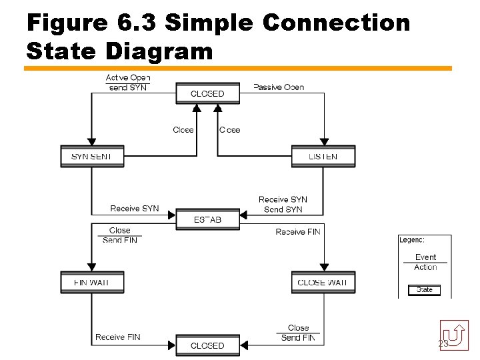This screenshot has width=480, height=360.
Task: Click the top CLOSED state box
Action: coord(207,93)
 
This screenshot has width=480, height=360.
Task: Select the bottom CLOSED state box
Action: coord(207,345)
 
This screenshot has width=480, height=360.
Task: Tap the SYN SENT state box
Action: coord(91,157)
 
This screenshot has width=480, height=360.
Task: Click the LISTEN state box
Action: coord(323,157)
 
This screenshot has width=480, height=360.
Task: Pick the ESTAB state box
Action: coord(207,219)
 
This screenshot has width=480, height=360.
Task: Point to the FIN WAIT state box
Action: coord(91,282)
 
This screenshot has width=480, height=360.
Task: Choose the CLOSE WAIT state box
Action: coord(323,282)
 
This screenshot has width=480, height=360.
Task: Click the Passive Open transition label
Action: coord(279,87)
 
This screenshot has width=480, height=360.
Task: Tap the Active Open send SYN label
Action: coord(128,83)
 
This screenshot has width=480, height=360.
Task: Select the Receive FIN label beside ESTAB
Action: coord(298,231)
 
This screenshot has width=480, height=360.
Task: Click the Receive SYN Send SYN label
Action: coord(283,205)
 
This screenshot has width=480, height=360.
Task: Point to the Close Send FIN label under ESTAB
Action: coord(120,235)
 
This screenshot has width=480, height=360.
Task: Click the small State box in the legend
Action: coord(425,290)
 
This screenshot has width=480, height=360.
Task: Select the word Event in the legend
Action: coord(425,257)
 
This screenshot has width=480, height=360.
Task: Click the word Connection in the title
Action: coord(337,23)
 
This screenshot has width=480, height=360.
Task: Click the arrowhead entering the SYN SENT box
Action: coord(91,141)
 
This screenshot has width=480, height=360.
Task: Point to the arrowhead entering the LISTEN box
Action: coord(323,141)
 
